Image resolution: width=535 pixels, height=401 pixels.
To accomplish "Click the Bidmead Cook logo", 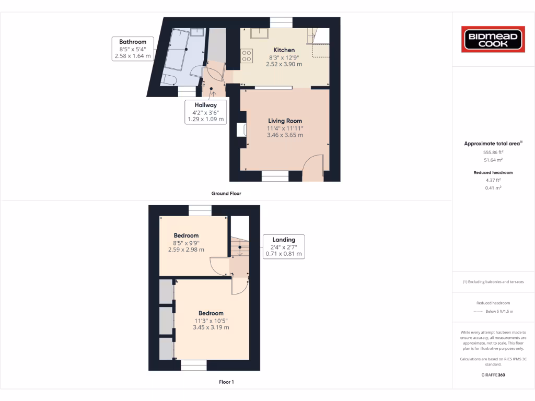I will (493, 40).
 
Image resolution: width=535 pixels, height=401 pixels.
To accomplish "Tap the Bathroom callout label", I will (133, 49).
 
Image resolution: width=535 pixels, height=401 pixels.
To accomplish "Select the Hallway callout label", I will (206, 112).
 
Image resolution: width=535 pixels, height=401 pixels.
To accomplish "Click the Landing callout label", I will (283, 246).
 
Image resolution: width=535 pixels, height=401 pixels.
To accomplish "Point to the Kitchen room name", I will (284, 50).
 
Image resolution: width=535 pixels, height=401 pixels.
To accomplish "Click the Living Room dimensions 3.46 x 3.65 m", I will (285, 135).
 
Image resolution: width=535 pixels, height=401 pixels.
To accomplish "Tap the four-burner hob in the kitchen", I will (247, 55).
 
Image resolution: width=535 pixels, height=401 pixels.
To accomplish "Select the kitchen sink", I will (259, 34).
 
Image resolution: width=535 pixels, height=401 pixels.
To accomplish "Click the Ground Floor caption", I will (226, 193).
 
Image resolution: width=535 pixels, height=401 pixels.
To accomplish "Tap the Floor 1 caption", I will (226, 382).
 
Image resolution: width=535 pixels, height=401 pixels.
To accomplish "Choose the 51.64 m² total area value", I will (493, 160).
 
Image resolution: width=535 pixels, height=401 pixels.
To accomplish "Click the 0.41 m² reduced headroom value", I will (493, 187).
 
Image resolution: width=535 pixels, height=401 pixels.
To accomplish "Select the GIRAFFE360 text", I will (493, 374).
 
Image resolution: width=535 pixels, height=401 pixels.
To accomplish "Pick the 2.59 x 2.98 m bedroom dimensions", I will (186, 250).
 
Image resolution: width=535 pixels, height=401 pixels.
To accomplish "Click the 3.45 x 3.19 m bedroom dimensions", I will (211, 327).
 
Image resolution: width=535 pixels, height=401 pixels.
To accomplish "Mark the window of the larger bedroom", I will (193, 365).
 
